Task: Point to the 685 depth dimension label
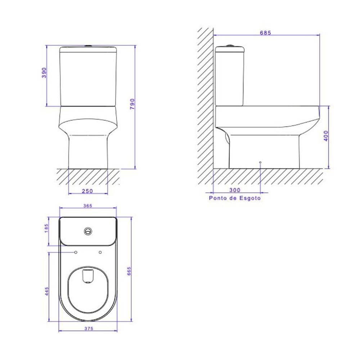[265, 32]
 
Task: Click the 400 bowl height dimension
[326, 136]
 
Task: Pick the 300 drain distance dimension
[234, 190]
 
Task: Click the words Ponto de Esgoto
[235, 198]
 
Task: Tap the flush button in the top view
[88, 231]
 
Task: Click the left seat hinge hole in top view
[76, 252]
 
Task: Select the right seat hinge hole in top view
[100, 252]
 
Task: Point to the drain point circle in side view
[260, 163]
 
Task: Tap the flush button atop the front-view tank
[88, 46]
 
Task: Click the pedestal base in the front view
[88, 153]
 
